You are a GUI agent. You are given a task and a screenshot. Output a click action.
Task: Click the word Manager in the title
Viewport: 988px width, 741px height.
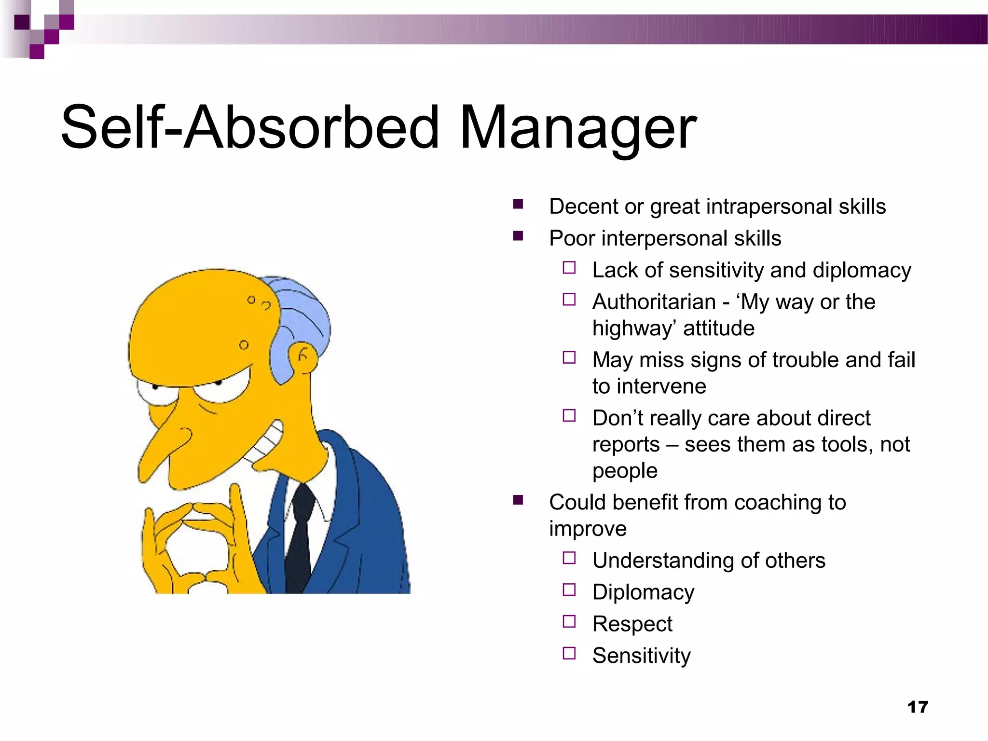577,128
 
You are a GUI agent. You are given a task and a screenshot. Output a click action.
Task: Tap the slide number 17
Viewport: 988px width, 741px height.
917,707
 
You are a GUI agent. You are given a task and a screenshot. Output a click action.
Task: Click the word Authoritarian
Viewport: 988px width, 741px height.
654,302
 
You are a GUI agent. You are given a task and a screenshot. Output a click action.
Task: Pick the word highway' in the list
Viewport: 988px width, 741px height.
632,329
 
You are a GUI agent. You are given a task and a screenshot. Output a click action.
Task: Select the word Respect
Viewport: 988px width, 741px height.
632,624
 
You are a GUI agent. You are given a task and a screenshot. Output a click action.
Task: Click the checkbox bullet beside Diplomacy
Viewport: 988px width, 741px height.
569,590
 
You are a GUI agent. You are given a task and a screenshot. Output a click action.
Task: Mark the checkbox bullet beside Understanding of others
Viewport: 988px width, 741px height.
569,558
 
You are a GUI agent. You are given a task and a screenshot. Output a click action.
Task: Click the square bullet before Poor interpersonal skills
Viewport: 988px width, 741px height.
518,236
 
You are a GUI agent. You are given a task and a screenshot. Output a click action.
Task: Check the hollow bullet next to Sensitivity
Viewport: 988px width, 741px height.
569,653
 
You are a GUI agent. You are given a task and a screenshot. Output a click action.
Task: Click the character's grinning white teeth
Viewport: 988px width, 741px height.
267,441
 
